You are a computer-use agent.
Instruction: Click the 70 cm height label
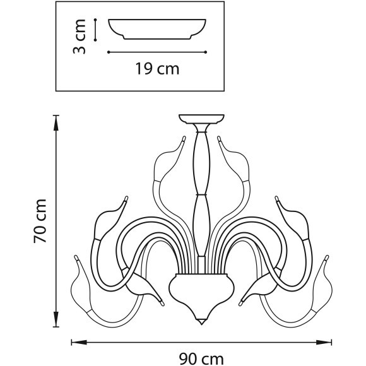pyautogui.click(x=40, y=221)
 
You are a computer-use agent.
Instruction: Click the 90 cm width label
pyautogui.click(x=201, y=359)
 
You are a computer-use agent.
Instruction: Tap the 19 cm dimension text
pyautogui.click(x=157, y=69)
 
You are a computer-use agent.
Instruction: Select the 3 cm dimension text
pyautogui.click(x=80, y=37)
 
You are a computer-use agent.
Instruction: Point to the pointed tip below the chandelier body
pyautogui.click(x=201, y=321)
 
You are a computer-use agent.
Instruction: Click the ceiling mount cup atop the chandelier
pyautogui.click(x=201, y=119)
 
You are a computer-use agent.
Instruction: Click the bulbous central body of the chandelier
pyautogui.click(x=201, y=290)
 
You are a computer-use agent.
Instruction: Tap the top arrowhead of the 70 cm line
pyautogui.click(x=56, y=122)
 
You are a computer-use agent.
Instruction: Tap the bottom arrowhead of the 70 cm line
pyautogui.click(x=56, y=319)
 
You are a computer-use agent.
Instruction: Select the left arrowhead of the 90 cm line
pyautogui.click(x=79, y=343)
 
